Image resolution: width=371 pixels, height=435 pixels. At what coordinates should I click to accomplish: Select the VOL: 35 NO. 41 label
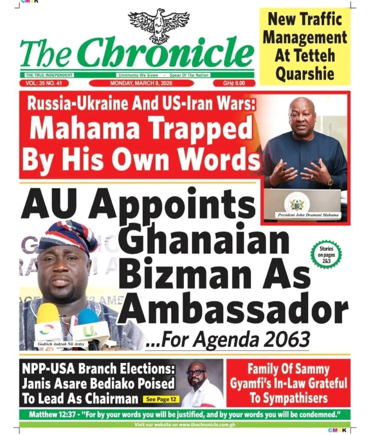click(44, 83)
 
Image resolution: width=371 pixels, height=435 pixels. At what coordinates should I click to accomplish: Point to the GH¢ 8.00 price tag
click(233, 83)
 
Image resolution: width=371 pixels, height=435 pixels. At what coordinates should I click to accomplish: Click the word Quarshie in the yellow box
click(305, 73)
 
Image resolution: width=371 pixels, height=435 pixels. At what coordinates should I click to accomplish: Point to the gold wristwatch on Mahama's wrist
click(330, 181)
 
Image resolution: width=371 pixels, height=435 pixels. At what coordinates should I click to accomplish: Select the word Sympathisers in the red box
click(288, 398)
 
